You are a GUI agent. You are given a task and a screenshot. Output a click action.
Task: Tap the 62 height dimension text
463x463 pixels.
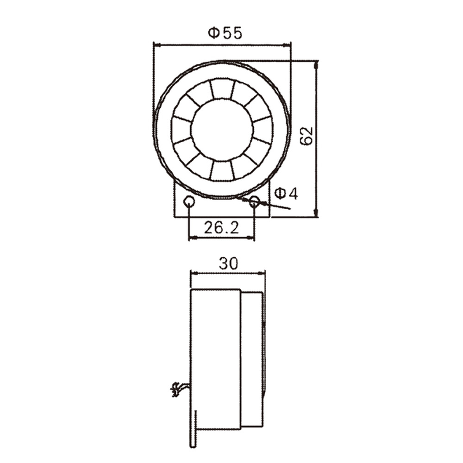[307, 135]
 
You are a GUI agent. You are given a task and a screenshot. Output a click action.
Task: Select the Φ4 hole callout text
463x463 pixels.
[286, 194]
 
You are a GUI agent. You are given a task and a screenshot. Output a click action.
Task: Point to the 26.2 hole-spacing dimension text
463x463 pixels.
[221, 227]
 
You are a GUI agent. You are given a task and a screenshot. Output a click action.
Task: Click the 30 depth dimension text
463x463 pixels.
[228, 263]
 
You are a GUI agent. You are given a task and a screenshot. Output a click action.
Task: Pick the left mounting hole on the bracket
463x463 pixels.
[189, 202]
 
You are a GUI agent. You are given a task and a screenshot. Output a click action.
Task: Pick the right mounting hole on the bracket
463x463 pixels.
[254, 202]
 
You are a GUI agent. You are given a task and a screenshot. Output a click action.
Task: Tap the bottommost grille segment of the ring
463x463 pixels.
[222, 171]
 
